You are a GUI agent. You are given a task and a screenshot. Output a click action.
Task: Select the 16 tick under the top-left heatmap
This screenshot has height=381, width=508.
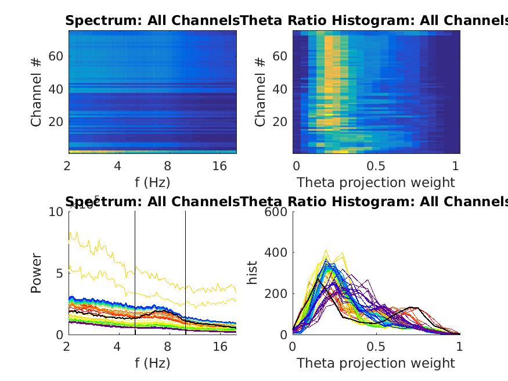pos(220,166)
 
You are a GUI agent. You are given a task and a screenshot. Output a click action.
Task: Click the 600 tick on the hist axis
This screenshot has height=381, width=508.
pos(277,212)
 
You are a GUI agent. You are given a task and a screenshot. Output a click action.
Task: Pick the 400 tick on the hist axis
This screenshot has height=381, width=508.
pos(277,253)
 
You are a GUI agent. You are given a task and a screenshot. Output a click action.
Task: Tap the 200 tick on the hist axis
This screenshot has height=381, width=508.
pos(277,294)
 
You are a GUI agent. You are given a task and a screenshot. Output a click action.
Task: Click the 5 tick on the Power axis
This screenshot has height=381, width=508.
pos(57,274)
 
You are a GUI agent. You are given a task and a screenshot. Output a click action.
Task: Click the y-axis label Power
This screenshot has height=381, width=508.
pos(37,273)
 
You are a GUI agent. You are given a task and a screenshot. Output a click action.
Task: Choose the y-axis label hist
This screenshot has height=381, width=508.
pos(253,273)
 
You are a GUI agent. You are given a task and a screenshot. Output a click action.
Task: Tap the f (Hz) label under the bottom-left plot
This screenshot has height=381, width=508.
pos(152,364)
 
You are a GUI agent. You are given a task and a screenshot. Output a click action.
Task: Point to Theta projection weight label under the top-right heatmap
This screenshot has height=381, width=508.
pos(376,182)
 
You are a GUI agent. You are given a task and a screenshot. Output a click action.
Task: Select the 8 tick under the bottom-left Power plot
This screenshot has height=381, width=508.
pos(168,347)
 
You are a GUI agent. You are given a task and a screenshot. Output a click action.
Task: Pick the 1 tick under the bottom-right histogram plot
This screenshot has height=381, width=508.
pos(459,347)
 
